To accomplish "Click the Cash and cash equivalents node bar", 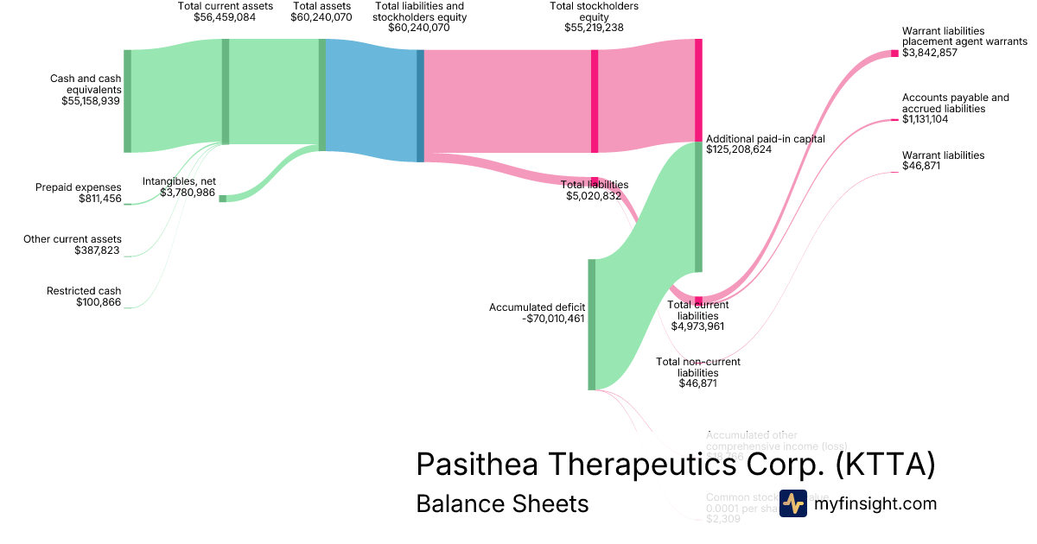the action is pyautogui.click(x=127, y=101).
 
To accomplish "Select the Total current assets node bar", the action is pyautogui.click(x=226, y=92).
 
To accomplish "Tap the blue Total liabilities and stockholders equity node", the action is pyautogui.click(x=421, y=105).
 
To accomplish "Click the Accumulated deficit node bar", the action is pyautogui.click(x=592, y=324).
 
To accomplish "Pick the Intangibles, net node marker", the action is pyautogui.click(x=222, y=199).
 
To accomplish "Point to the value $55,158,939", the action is pyautogui.click(x=91, y=101).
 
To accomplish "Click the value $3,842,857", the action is pyautogui.click(x=931, y=53).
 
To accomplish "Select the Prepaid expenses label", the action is pyautogui.click(x=79, y=187).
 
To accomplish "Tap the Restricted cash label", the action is pyautogui.click(x=84, y=291).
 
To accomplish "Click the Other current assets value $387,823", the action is pyautogui.click(x=98, y=250).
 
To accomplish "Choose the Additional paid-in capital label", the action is pyautogui.click(x=765, y=138).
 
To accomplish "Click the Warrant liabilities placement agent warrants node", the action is pyautogui.click(x=894, y=54).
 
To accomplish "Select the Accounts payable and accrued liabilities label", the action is pyautogui.click(x=955, y=104).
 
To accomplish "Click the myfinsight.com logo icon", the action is pyautogui.click(x=792, y=503).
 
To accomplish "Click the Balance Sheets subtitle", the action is pyautogui.click(x=502, y=503).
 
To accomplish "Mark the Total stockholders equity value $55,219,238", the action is pyautogui.click(x=594, y=28).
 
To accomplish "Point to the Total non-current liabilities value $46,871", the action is pyautogui.click(x=697, y=383).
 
